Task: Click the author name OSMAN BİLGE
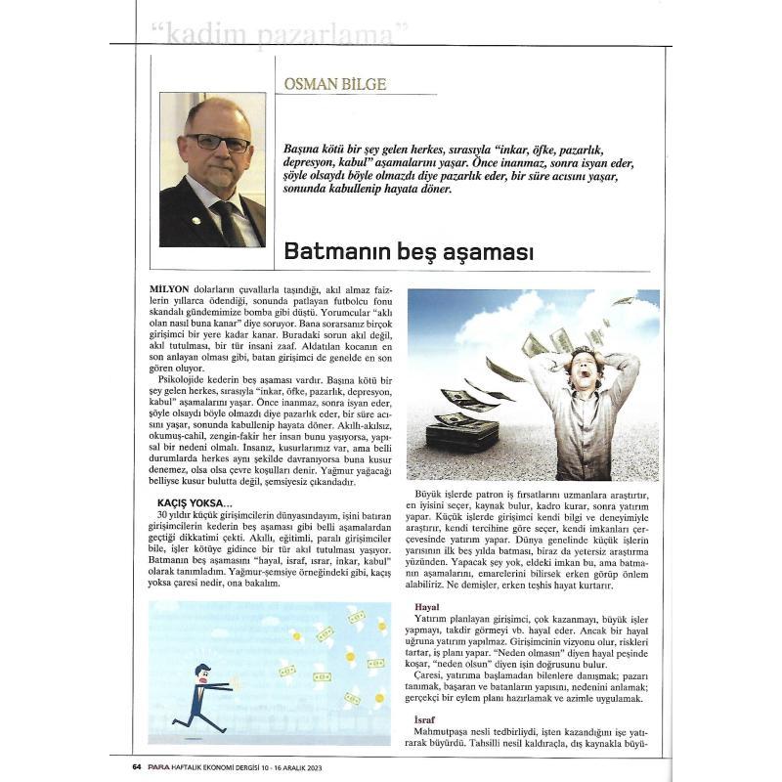tap(334, 84)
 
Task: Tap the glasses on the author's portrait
tap(218, 143)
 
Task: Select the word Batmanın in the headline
tap(338, 251)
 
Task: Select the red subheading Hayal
tap(427, 607)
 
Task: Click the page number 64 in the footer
tap(138, 767)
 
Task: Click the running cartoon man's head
tap(201, 673)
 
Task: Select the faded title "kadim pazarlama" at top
tap(281, 35)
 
